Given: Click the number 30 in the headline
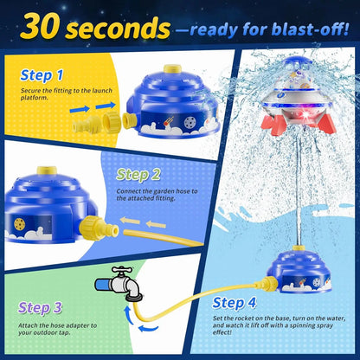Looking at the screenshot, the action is pos(42,28).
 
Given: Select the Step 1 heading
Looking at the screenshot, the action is pos(42,75).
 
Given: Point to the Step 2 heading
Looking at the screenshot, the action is pos(138,175).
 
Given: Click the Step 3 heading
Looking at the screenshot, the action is pos(40,308).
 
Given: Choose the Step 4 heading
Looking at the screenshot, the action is pos(235,303).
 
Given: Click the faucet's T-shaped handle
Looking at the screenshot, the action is pos(122,271).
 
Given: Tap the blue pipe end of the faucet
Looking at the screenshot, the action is pos(103,285).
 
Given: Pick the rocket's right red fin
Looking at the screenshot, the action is pos(325,123).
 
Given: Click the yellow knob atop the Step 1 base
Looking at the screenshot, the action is pos(172,69).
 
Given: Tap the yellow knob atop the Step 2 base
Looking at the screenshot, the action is pos(47,170).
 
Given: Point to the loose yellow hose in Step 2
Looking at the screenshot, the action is pos(163,238).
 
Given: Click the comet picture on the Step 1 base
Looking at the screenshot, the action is pos(168,121).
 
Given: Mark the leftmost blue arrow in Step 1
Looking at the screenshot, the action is pos(80,109).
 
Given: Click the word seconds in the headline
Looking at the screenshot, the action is pos(119,29).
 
